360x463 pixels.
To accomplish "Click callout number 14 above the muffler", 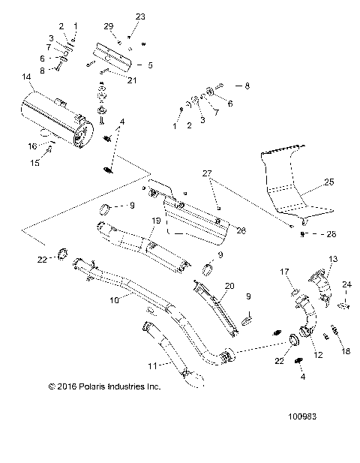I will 27,77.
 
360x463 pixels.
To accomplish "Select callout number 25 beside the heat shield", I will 328,181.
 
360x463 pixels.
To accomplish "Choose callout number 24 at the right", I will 346,284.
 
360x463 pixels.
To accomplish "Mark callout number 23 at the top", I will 140,16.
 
